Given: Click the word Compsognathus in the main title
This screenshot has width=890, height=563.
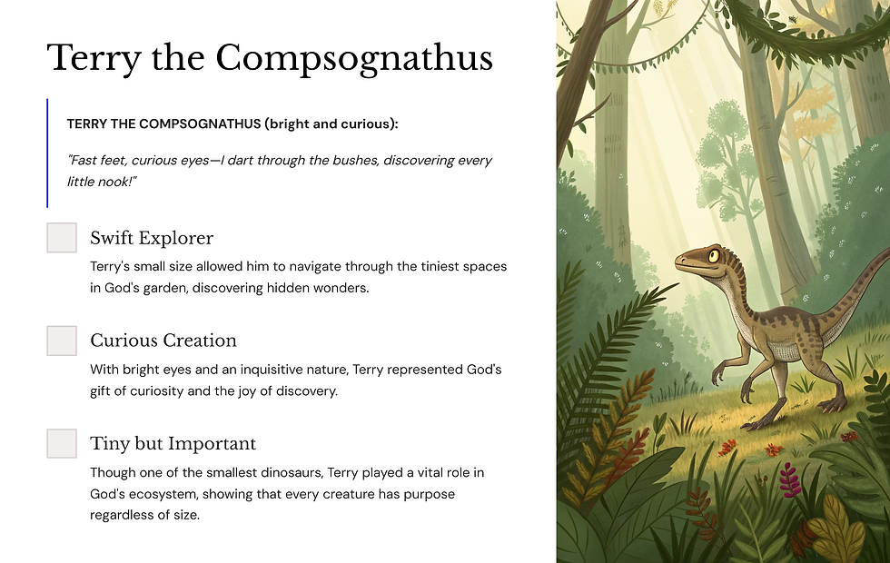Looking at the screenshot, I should [x=353, y=58].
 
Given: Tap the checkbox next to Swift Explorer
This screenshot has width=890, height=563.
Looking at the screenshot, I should [x=62, y=238].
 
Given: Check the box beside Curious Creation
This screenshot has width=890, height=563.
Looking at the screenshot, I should [x=62, y=341].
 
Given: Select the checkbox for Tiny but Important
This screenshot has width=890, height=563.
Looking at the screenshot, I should [x=62, y=443].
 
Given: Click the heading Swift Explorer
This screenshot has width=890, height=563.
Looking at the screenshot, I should [x=152, y=238].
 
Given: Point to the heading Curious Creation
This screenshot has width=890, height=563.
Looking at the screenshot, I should [x=163, y=341].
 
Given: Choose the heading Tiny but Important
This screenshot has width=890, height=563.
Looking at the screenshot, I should [x=173, y=443].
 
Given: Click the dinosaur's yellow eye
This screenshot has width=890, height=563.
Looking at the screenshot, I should [x=714, y=256].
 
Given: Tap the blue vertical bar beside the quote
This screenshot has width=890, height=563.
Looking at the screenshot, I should [x=47, y=153].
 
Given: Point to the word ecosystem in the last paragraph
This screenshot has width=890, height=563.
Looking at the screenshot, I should [x=168, y=494].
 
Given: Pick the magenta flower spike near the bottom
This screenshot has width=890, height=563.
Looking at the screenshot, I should [x=790, y=479].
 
